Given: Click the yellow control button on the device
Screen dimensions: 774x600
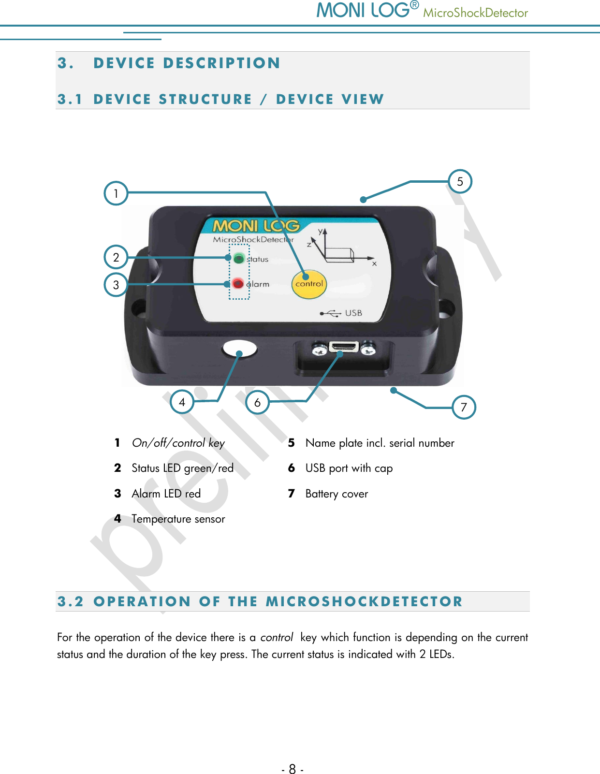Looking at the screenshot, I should click(x=309, y=284).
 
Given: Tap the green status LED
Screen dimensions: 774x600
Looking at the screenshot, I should click(x=238, y=258).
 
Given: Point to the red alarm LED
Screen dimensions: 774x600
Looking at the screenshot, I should click(x=238, y=283).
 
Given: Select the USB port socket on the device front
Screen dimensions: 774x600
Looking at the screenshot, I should click(x=343, y=347).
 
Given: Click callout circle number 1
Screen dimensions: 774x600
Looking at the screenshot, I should click(x=116, y=193).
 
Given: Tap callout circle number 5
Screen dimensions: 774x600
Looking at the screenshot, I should click(x=460, y=181).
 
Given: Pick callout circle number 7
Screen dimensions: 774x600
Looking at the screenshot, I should click(x=464, y=407).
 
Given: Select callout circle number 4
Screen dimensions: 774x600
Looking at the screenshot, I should click(x=182, y=402).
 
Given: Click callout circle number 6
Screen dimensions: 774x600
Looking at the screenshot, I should click(x=257, y=402).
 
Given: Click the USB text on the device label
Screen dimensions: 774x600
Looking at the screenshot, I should click(x=353, y=313).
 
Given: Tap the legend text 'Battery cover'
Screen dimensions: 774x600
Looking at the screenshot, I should click(x=337, y=494).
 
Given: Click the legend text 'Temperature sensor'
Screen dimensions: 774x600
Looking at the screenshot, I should click(x=178, y=519).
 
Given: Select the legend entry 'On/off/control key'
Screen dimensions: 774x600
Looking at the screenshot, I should click(x=178, y=443).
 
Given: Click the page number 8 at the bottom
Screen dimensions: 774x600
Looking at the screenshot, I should click(x=292, y=769).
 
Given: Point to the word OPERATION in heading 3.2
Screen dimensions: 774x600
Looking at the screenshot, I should click(x=142, y=601).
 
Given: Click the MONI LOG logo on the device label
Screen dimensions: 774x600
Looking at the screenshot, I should click(x=256, y=226).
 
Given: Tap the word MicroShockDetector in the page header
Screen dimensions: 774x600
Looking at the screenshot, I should click(x=475, y=13).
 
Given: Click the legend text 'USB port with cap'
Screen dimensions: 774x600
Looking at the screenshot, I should click(x=349, y=468).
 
